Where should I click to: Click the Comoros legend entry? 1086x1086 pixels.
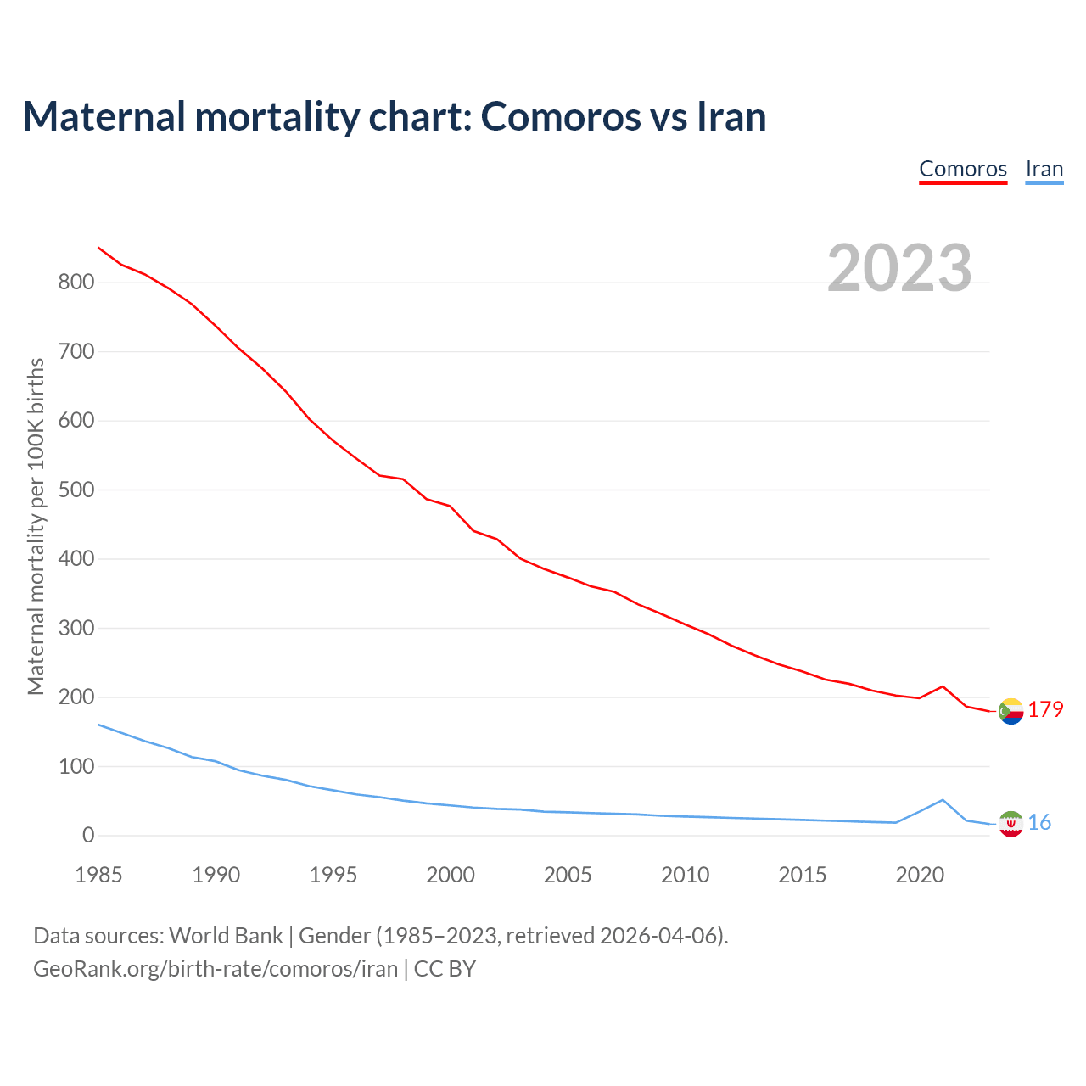click(963, 169)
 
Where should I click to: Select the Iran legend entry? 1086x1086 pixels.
click(1044, 169)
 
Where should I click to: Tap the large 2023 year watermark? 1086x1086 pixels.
click(899, 268)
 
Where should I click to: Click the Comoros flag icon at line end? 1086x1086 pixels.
click(1010, 711)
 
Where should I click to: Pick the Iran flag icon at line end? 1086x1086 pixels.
click(1010, 824)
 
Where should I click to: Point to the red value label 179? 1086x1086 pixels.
click(1045, 709)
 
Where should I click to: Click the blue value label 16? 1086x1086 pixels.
click(1039, 822)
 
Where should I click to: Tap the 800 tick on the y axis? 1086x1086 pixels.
click(76, 283)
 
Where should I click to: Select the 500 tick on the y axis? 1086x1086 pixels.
click(76, 490)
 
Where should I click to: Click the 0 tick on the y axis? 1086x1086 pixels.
click(88, 836)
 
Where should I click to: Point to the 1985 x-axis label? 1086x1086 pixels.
click(98, 875)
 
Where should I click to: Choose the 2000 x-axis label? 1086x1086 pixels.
click(451, 875)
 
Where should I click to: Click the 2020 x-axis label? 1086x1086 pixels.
click(920, 875)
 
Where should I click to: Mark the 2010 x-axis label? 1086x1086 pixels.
click(685, 875)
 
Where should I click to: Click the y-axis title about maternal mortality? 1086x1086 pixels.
click(36, 526)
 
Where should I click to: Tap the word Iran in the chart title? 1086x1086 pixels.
click(731, 117)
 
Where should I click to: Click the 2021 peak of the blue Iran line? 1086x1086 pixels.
click(943, 799)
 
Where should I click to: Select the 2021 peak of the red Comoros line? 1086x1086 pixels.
click(943, 686)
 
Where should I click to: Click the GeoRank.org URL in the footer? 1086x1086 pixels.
click(216, 969)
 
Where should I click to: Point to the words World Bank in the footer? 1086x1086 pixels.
click(226, 936)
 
